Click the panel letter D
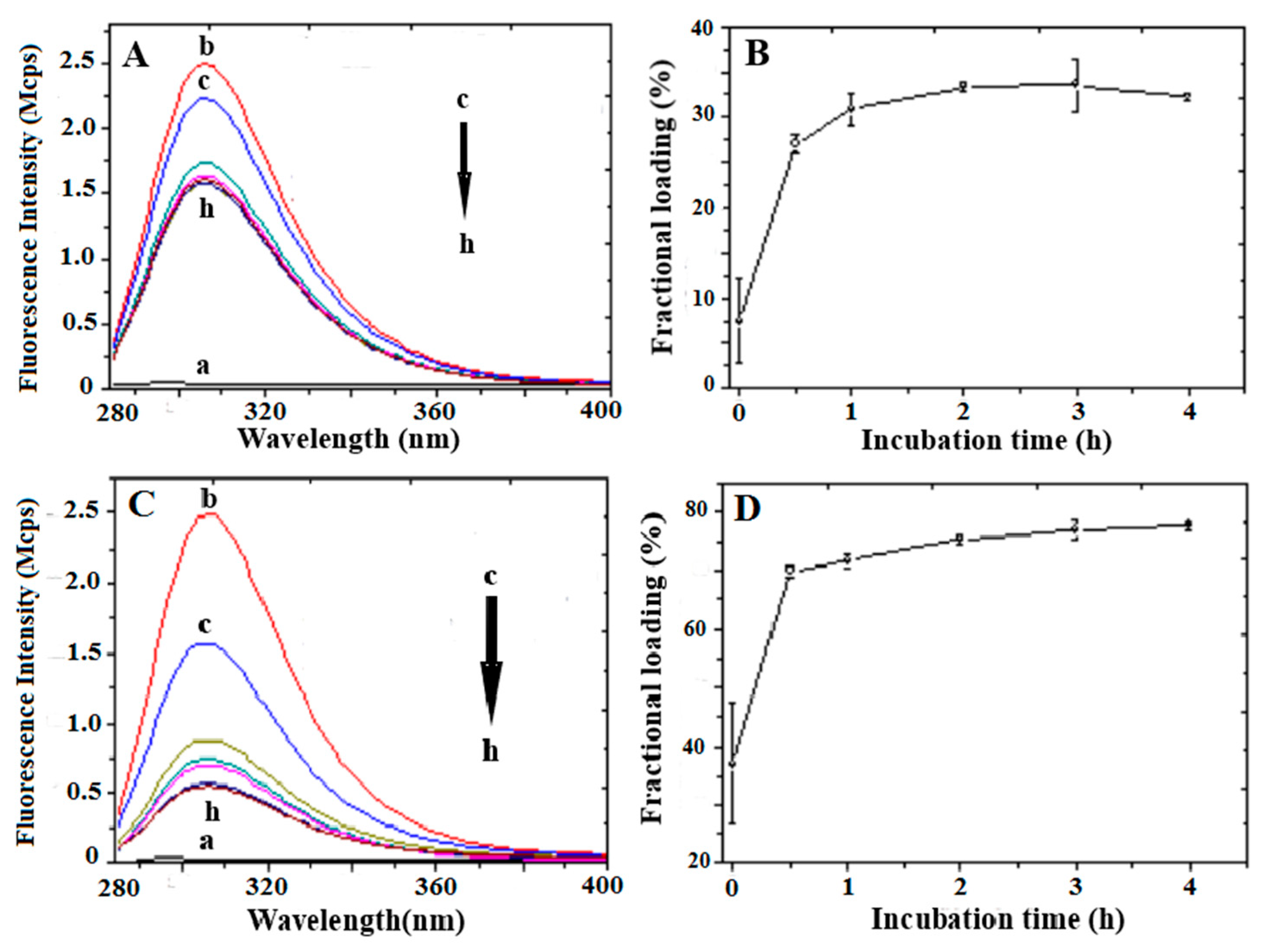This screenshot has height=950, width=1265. point(747,511)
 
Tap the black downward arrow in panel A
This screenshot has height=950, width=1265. point(464,169)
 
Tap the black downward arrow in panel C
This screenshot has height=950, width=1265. point(491,657)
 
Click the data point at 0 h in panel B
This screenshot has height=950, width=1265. point(739,321)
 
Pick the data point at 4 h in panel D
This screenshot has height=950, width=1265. point(1188,524)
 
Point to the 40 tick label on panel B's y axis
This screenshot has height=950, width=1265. point(703,28)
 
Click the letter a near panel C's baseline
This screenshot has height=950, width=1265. point(207,841)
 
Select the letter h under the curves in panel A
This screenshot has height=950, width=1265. point(207,209)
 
